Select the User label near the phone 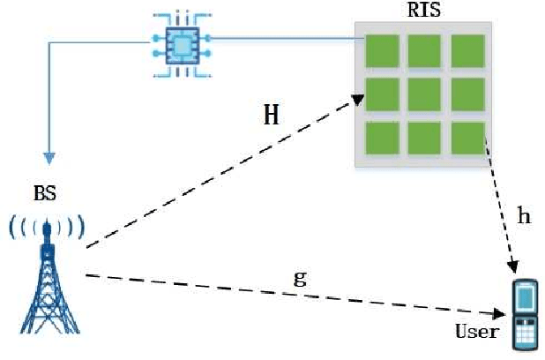coord(476,333)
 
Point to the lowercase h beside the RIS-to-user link coord(524,216)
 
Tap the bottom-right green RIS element coord(467,139)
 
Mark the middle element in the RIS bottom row coord(424,139)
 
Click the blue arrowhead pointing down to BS coord(50,158)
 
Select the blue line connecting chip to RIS coord(282,38)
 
